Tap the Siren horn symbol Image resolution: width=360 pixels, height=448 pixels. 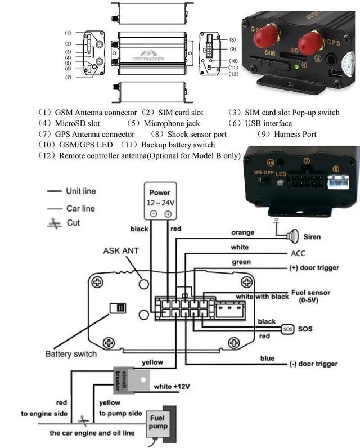click(294, 236)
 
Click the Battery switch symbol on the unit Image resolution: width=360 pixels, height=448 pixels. click(119, 308)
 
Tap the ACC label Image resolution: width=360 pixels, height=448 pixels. click(298, 254)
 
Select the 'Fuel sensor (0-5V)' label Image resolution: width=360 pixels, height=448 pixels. click(310, 297)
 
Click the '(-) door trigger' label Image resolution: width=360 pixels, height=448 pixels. click(313, 364)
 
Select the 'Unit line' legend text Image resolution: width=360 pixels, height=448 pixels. click(80, 191)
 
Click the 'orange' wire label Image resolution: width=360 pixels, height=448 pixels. click(242, 232)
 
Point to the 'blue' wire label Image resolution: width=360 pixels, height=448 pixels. click(267, 359)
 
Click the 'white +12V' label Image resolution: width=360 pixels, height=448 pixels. click(172, 387)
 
